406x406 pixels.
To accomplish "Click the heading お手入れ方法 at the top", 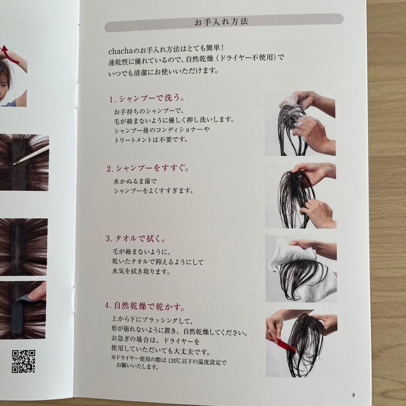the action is point(221,22).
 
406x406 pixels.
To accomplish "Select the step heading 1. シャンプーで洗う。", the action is point(147,98).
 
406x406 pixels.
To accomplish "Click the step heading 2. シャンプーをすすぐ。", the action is point(148,168).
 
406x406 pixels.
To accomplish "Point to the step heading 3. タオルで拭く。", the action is point(135,238).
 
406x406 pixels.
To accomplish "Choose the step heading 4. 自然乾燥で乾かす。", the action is point(145,306).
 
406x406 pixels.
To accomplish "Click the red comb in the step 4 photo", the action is point(286,346).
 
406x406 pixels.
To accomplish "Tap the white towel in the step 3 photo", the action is point(303,269).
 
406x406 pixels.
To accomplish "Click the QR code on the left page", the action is point(24,361).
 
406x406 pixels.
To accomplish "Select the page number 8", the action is point(353,395).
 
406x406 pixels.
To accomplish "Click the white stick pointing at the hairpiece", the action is point(31,155).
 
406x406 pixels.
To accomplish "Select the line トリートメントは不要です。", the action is point(151,140).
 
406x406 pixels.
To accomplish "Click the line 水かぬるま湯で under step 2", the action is point(135,181).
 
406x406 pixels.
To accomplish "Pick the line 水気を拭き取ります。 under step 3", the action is point(141,271).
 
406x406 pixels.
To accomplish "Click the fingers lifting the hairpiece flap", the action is point(38,292).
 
